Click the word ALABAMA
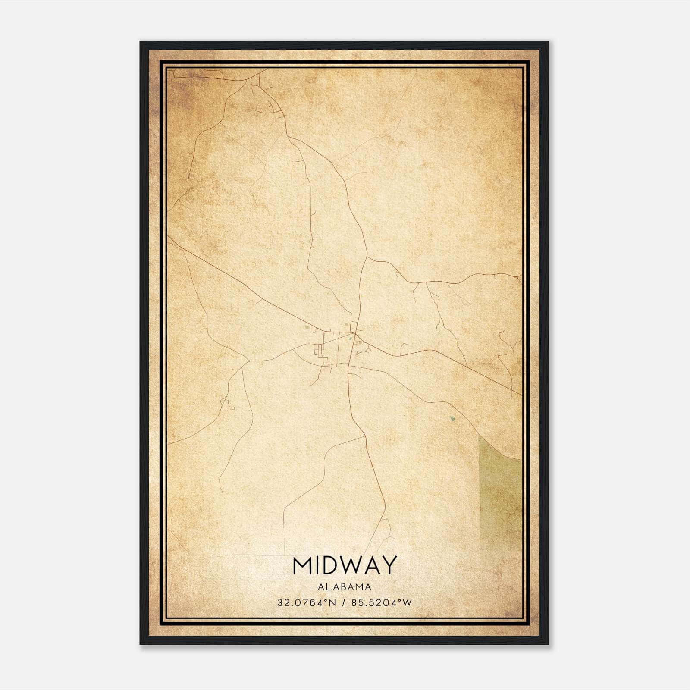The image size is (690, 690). (345, 586)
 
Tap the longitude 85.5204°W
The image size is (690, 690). (382, 602)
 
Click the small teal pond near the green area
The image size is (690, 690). (452, 418)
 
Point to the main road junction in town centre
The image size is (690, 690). (354, 333)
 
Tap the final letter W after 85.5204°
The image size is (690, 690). (408, 602)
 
